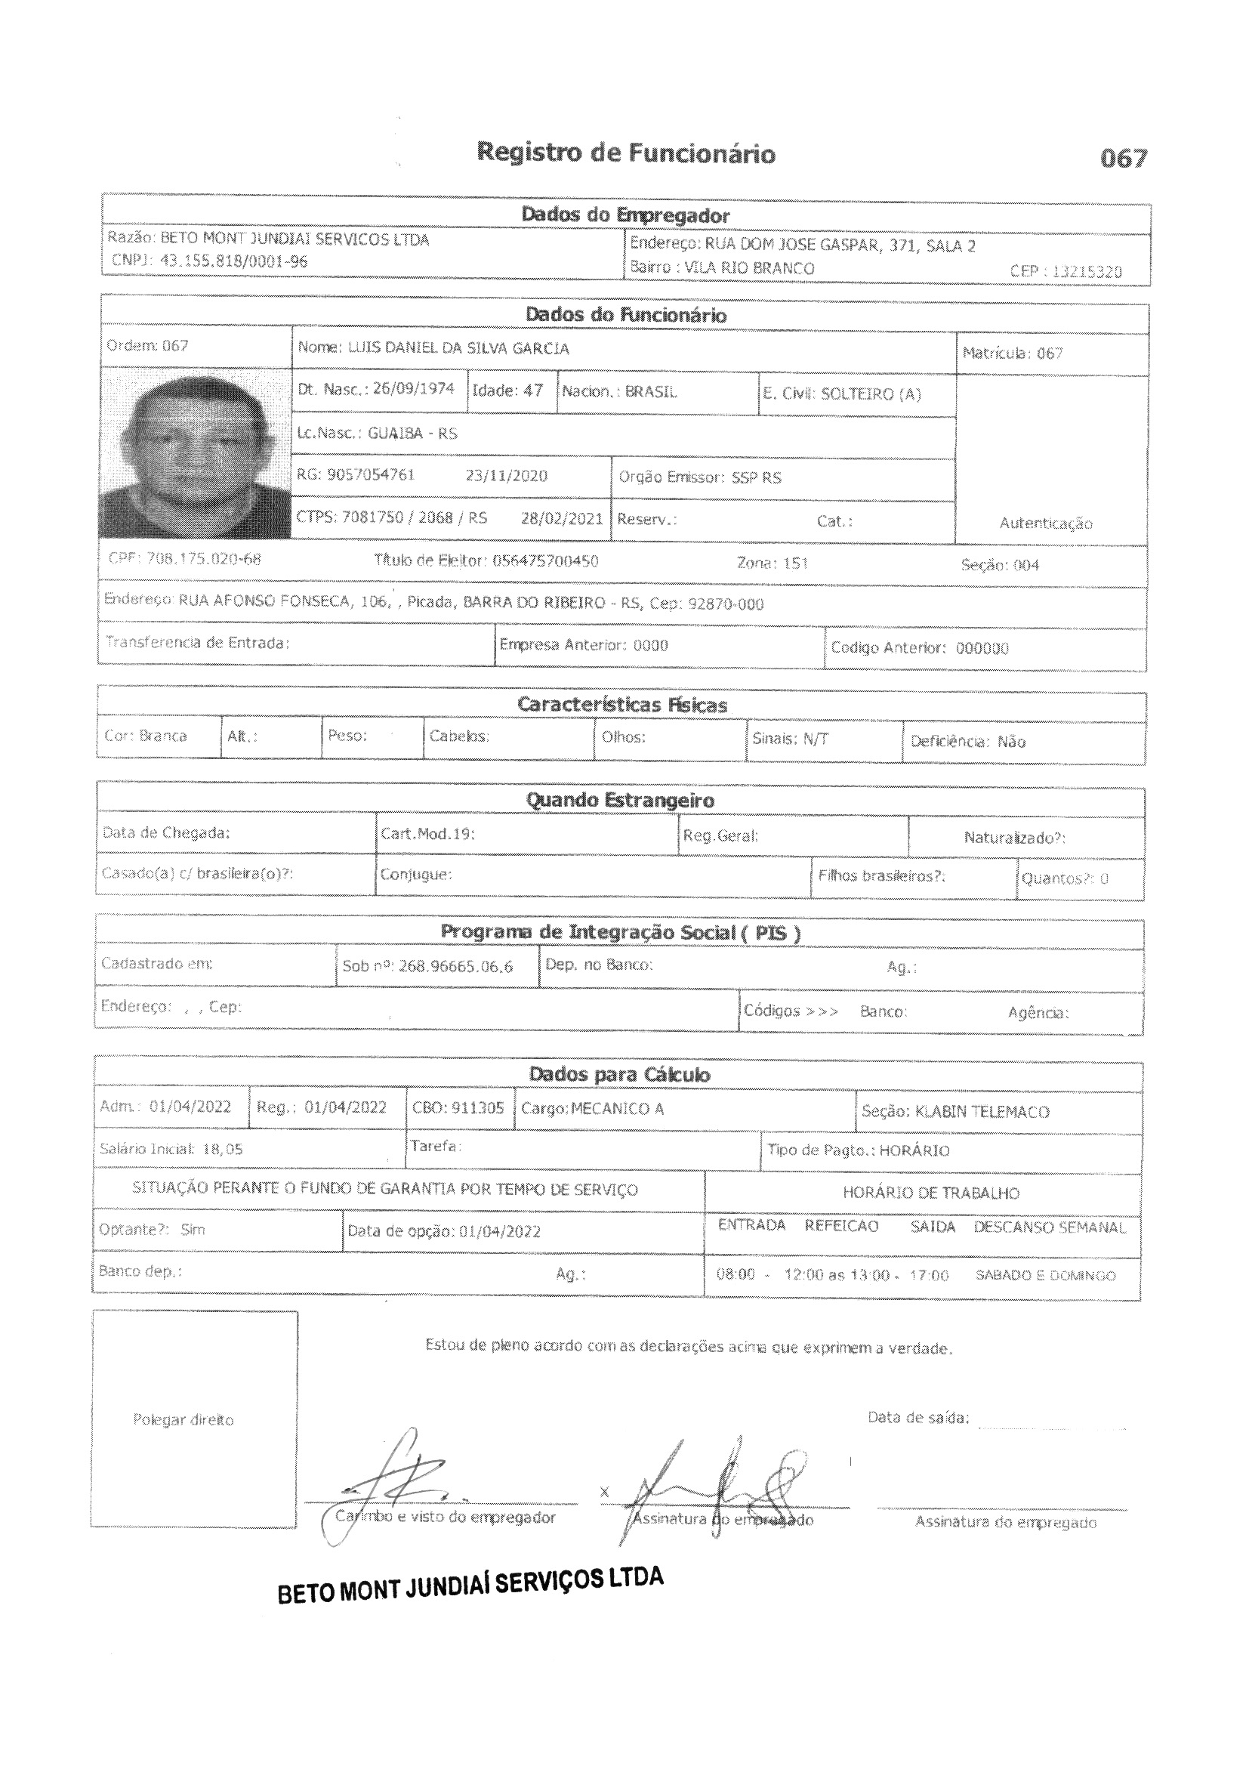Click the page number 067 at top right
[x=1123, y=159]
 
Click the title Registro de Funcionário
[x=625, y=153]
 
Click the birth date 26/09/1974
[x=414, y=389]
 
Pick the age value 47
[x=533, y=391]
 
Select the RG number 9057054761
[x=371, y=474]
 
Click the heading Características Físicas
[x=621, y=705]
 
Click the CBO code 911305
[x=477, y=1108]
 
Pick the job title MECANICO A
[x=617, y=1109]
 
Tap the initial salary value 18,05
[x=222, y=1149]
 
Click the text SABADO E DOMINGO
[x=1044, y=1275]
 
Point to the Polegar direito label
[x=183, y=1420]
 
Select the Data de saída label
[x=917, y=1418]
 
